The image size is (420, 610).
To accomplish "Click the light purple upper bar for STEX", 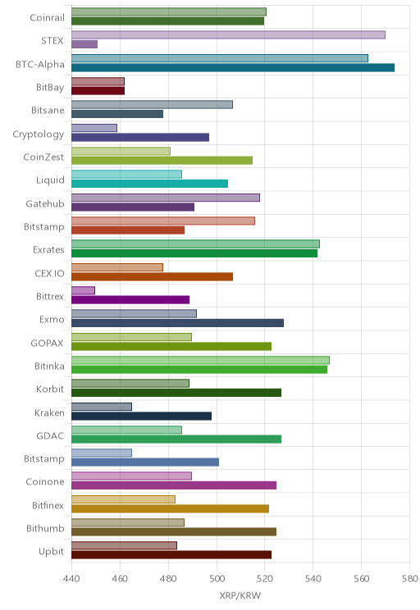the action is click(228, 35).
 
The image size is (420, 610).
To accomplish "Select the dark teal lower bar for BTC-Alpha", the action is click(233, 68).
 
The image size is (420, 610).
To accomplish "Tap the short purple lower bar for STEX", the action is click(84, 44).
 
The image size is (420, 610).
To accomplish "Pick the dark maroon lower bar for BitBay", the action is click(98, 91).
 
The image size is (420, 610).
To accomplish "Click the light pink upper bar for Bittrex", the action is click(84, 290).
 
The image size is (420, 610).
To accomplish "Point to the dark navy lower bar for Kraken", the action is click(142, 416).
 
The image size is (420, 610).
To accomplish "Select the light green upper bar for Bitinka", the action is click(200, 360).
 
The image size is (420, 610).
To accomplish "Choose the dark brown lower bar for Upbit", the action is click(171, 555).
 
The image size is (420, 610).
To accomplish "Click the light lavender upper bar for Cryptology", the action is click(94, 128).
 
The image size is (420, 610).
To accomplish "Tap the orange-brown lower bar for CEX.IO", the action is click(153, 276).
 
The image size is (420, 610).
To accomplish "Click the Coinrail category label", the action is click(47, 17).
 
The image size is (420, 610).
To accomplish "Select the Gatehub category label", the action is click(45, 203).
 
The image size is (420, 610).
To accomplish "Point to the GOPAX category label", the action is click(47, 343).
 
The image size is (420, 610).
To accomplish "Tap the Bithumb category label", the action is click(45, 528).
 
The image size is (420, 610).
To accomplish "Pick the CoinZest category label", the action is click(43, 157).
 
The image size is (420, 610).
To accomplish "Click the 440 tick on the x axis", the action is click(71, 579).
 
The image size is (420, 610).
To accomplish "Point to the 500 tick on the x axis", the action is click(217, 579).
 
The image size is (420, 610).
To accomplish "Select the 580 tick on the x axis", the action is click(410, 579).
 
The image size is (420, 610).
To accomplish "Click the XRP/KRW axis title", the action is click(240, 595).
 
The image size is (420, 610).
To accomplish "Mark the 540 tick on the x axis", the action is click(313, 579).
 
